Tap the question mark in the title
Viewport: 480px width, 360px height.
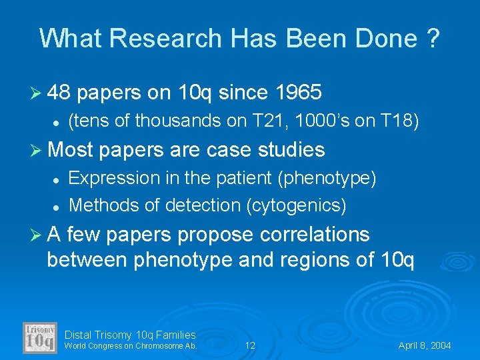(x=433, y=38)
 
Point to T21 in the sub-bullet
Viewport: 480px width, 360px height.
(x=272, y=121)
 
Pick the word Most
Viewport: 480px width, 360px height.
(x=71, y=149)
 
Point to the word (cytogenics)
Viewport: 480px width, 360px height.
(x=296, y=205)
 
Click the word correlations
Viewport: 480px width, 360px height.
(x=319, y=234)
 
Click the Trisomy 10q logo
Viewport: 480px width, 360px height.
(x=40, y=338)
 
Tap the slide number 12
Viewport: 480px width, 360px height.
(x=250, y=345)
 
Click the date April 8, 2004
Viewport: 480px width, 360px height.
(x=424, y=345)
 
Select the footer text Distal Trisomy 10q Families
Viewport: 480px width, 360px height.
(x=130, y=335)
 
